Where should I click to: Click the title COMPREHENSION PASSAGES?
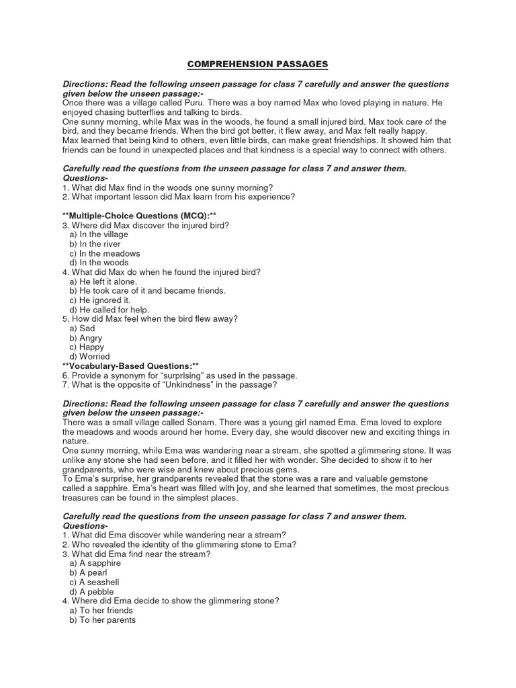click(x=257, y=64)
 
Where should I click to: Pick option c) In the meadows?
click(x=105, y=253)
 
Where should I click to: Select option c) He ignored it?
click(x=99, y=300)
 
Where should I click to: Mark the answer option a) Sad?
click(x=83, y=329)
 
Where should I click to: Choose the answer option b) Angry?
click(x=86, y=338)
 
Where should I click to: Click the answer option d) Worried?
click(x=89, y=357)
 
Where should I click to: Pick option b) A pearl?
click(x=88, y=572)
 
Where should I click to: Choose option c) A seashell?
click(x=94, y=582)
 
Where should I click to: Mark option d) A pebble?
click(x=91, y=591)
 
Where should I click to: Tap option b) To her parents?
click(x=102, y=620)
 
